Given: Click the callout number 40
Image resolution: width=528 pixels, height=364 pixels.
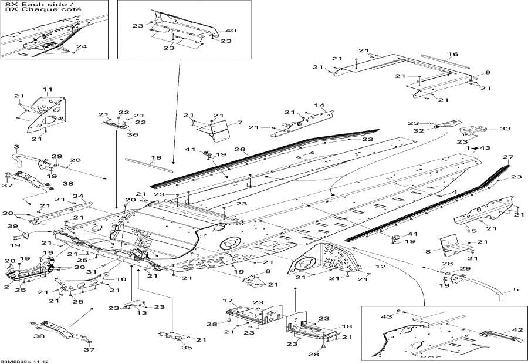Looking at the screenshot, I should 231,31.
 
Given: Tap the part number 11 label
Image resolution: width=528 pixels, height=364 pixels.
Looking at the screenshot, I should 47,89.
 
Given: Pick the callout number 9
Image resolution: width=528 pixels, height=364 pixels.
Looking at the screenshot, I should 487,73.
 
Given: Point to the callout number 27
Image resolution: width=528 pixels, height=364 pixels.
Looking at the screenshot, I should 506,157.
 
